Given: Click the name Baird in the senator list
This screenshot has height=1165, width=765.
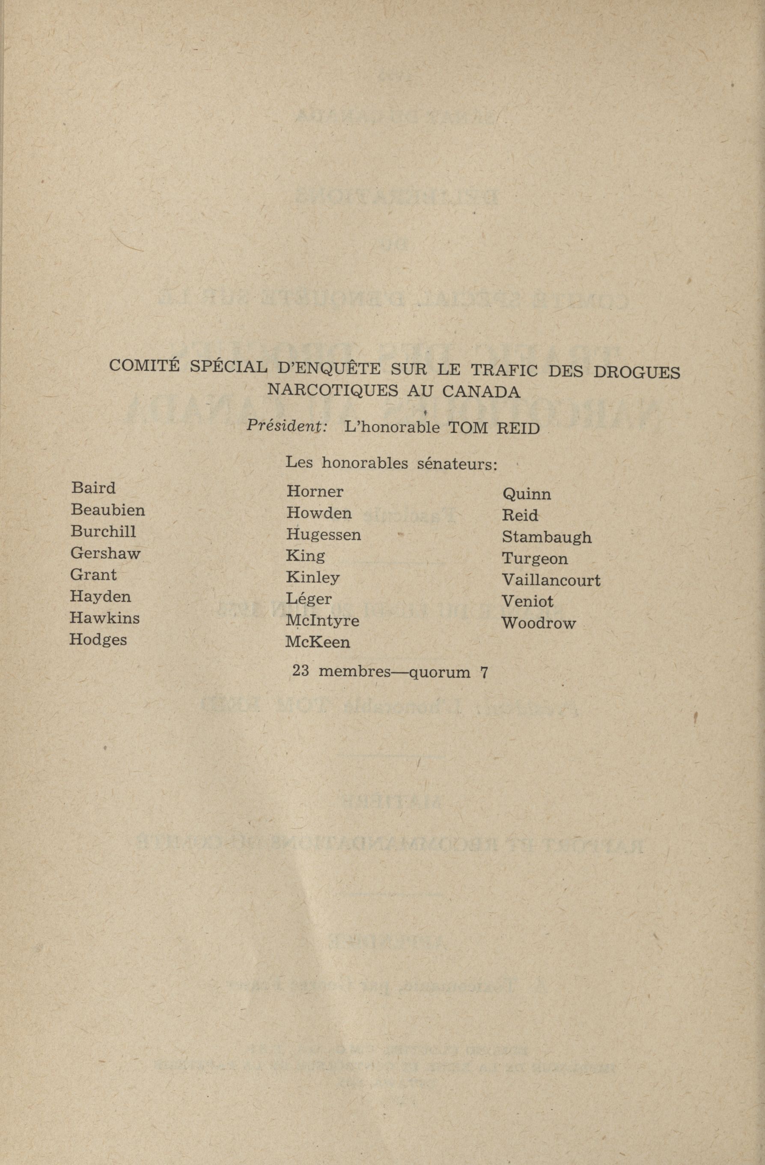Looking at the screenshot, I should click(x=93, y=488).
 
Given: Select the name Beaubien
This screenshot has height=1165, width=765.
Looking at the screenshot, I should click(x=107, y=510).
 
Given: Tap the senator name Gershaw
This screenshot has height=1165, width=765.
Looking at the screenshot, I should click(x=105, y=553).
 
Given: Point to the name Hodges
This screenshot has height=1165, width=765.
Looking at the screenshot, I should click(x=98, y=640).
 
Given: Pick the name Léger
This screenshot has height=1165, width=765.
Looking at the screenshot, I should click(x=309, y=599).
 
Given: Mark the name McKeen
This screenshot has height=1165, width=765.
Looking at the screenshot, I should click(x=318, y=642).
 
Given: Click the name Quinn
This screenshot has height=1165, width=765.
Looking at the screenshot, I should click(x=526, y=494).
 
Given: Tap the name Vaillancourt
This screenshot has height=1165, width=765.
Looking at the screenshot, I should click(x=551, y=581).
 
